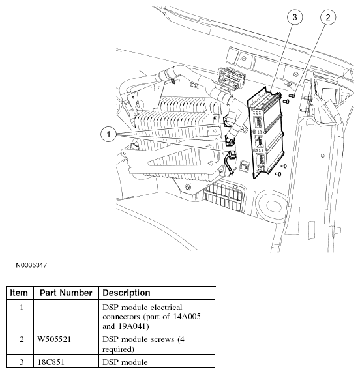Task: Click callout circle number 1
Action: click(109, 134)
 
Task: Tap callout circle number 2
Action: click(328, 17)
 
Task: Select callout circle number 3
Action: click(295, 17)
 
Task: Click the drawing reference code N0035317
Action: click(31, 265)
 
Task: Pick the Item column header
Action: click(19, 293)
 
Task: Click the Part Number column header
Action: click(66, 293)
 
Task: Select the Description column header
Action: click(127, 293)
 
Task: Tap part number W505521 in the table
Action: click(54, 339)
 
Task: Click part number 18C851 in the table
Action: click(51, 362)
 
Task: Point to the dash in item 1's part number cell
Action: click(42, 308)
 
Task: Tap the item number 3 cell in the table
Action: click(22, 362)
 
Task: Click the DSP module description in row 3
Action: click(125, 362)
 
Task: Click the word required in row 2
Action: click(119, 349)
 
